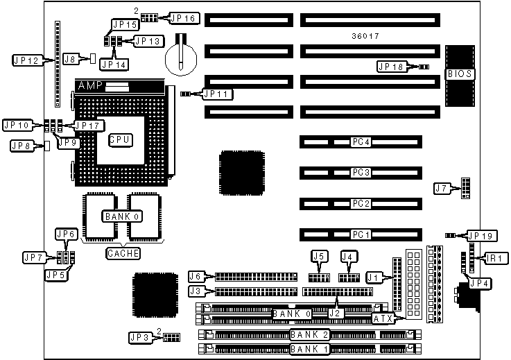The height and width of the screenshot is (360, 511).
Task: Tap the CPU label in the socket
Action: point(120,139)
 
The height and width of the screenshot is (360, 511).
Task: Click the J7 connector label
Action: point(442,187)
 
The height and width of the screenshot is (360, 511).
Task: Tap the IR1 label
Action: point(495,258)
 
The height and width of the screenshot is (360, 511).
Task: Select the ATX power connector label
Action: point(383,318)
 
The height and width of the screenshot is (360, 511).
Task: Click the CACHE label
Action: point(123,253)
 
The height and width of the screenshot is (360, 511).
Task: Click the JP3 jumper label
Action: point(141,337)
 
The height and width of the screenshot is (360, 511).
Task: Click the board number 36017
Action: point(365,35)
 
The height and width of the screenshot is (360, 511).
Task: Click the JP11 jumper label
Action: point(218,93)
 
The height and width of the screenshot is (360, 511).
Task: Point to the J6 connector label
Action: point(196,277)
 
